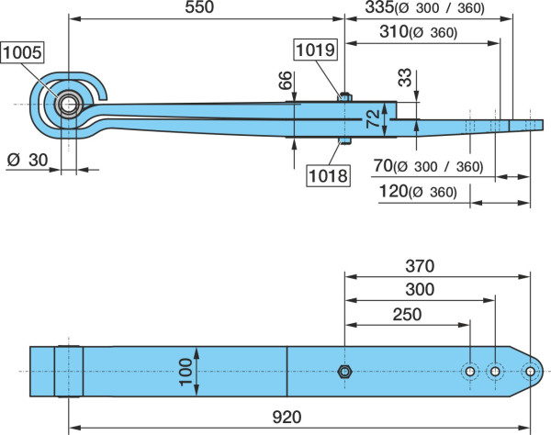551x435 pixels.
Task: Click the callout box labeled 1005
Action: click(22, 52)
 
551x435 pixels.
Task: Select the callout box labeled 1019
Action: click(315, 50)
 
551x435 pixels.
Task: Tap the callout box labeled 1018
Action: click(328, 175)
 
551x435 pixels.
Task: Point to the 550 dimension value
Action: click(199, 7)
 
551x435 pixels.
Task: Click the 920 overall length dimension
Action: click(287, 417)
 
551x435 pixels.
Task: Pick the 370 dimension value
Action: click(420, 266)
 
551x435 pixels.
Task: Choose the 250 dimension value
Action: click(407, 314)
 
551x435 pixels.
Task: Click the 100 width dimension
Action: click(186, 372)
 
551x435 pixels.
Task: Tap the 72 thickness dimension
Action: click(374, 118)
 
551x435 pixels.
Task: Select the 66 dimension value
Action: click(286, 80)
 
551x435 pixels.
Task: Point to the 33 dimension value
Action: click(405, 77)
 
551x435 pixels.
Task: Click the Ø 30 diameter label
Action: click(28, 160)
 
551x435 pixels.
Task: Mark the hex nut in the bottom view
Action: click(344, 372)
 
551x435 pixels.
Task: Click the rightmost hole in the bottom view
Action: click(530, 372)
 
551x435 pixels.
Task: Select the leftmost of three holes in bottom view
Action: click(470, 372)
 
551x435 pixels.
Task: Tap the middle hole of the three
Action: click(495, 372)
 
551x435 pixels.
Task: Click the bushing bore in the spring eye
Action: click(68, 105)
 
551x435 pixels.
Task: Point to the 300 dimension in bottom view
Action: click(420, 290)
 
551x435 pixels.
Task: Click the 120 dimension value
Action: click(393, 191)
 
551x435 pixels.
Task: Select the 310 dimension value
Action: click(394, 31)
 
